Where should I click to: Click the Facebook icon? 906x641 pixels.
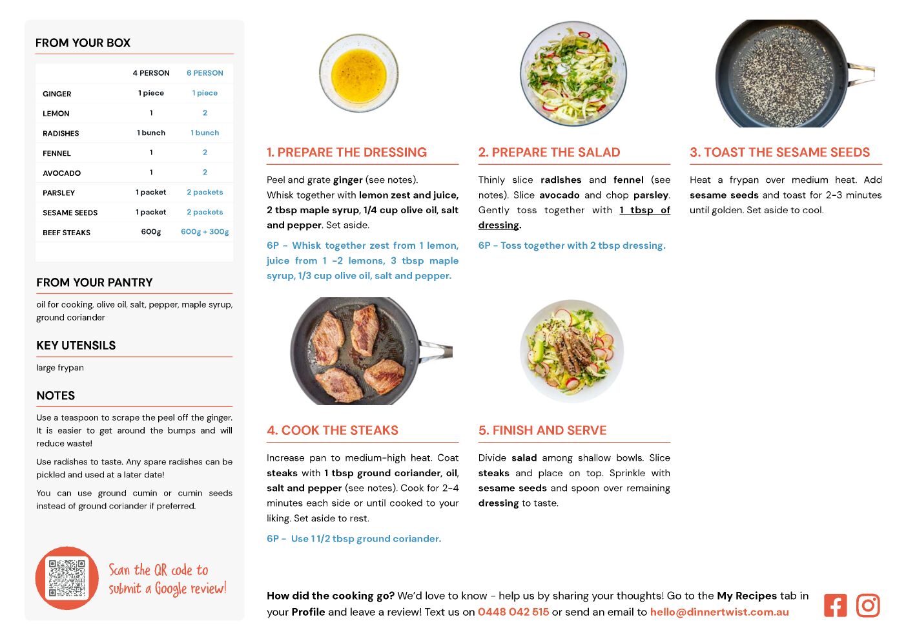click(x=835, y=605)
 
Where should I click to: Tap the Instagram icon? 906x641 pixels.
click(x=868, y=605)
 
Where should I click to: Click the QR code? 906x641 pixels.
click(x=67, y=578)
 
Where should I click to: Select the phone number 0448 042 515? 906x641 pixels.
click(x=513, y=612)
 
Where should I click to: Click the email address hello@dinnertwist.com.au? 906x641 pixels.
click(x=719, y=612)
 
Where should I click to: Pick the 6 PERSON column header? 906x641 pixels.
click(x=205, y=73)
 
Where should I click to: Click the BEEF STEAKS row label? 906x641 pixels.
click(x=67, y=233)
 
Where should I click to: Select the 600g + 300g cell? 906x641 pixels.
click(x=205, y=232)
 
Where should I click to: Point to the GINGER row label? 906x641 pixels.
click(x=57, y=94)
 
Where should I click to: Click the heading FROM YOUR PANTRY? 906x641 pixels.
click(x=94, y=282)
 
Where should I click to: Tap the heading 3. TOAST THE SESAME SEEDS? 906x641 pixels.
click(x=779, y=152)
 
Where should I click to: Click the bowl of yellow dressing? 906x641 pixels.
click(x=359, y=73)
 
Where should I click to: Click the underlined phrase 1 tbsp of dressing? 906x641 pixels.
click(x=574, y=218)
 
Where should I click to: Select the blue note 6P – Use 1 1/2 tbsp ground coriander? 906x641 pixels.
click(x=354, y=539)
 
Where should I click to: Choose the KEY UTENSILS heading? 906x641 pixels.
click(x=76, y=345)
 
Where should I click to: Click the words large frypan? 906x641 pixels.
click(x=60, y=368)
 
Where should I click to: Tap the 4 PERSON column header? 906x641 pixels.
click(x=151, y=73)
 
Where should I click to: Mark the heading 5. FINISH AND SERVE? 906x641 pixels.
click(x=542, y=430)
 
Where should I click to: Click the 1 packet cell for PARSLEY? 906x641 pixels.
click(x=151, y=192)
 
